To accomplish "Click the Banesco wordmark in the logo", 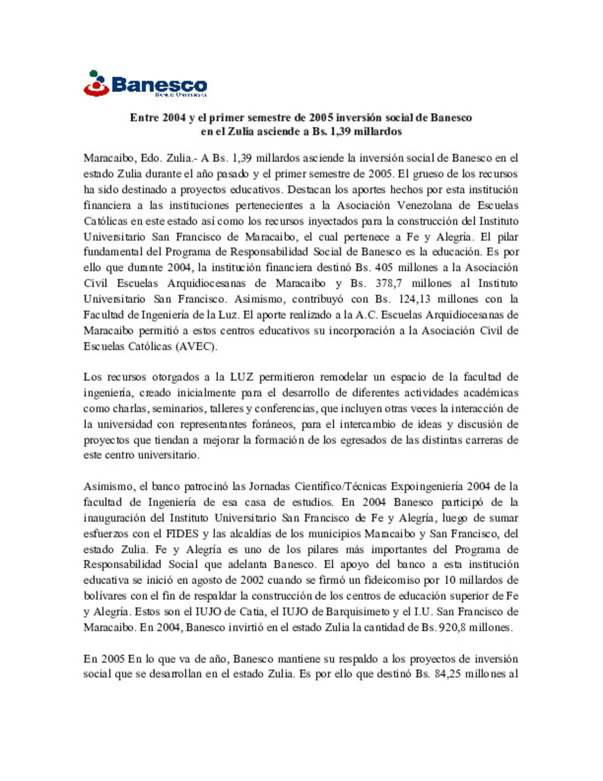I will point(159,85).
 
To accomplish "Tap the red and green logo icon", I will point(96,83).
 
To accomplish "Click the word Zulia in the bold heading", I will point(240,132).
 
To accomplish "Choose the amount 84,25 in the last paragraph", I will point(447,674).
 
